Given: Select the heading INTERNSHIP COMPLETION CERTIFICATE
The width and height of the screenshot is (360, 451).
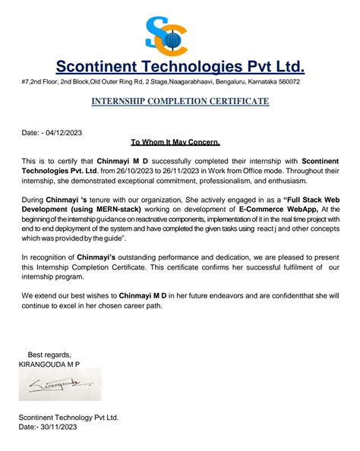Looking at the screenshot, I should click(x=180, y=101).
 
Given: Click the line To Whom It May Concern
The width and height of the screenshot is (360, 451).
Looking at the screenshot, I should click(x=175, y=143).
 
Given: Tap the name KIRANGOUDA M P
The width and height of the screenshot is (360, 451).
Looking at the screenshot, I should click(x=49, y=365).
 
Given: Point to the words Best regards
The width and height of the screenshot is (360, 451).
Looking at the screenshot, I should click(x=49, y=355).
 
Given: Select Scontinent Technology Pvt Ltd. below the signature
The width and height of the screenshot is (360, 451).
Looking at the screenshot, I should click(x=68, y=418).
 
